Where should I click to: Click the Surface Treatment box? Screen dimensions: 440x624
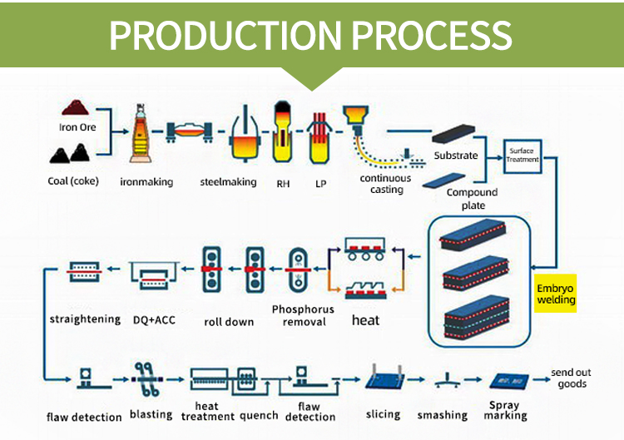coord(523,156)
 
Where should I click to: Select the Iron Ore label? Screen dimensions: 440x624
coord(77,127)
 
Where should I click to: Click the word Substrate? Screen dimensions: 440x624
coord(455,156)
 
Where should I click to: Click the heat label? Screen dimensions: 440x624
coord(365,319)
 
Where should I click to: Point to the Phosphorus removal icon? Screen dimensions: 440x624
coord(299,269)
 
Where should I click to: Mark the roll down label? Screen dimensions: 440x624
coord(229,321)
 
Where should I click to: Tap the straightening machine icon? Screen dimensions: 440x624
coord(83,271)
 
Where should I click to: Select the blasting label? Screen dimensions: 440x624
coord(151,414)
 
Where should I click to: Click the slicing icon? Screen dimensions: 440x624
coord(384,379)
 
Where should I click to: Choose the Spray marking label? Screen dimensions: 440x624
coord(505,410)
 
